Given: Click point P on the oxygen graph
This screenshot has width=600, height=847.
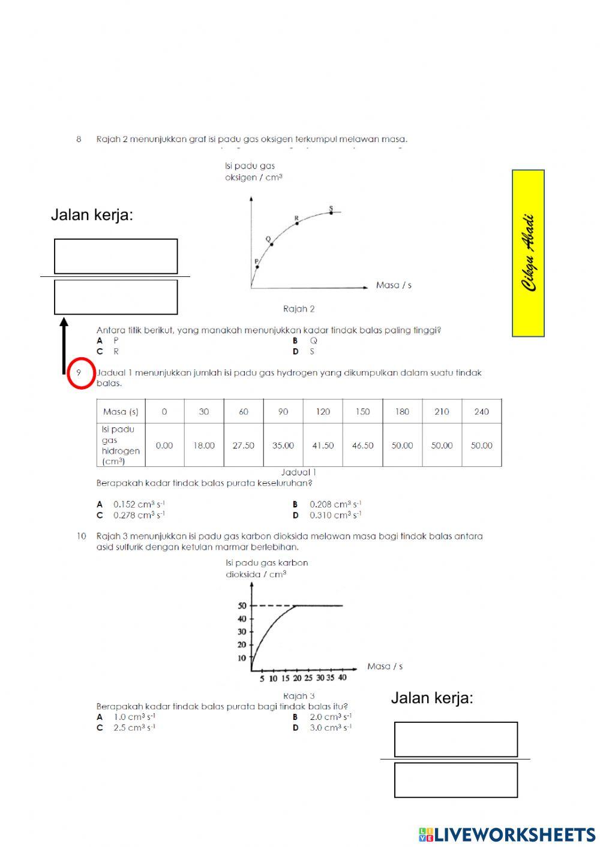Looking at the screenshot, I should (257, 267).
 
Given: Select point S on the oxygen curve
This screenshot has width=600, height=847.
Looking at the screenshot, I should (331, 212).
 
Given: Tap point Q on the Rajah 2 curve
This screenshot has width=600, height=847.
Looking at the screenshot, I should (271, 244).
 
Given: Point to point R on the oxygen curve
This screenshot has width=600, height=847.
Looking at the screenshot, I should (297, 223).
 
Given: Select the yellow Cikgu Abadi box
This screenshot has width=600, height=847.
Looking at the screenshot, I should (528, 253).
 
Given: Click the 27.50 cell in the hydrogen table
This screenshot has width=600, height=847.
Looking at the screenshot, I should (243, 445).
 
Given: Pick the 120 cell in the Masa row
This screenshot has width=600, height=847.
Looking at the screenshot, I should (323, 412).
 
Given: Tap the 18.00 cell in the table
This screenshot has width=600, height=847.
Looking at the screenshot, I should (203, 445).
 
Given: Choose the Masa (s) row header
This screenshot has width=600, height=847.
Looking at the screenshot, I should (121, 412).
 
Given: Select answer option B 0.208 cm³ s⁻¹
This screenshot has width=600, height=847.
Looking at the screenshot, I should (327, 504).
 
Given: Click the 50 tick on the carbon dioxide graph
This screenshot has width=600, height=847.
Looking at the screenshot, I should (242, 606).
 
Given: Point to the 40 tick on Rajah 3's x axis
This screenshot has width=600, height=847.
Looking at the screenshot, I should (342, 678).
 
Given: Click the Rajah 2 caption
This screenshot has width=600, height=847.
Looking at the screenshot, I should (299, 309).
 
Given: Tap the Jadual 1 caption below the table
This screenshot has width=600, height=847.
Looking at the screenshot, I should (298, 472).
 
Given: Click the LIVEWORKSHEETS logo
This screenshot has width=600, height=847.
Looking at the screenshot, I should (507, 834).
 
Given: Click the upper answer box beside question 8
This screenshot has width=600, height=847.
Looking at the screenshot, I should (116, 257).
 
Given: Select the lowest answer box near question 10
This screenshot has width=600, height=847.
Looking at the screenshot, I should (456, 780).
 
